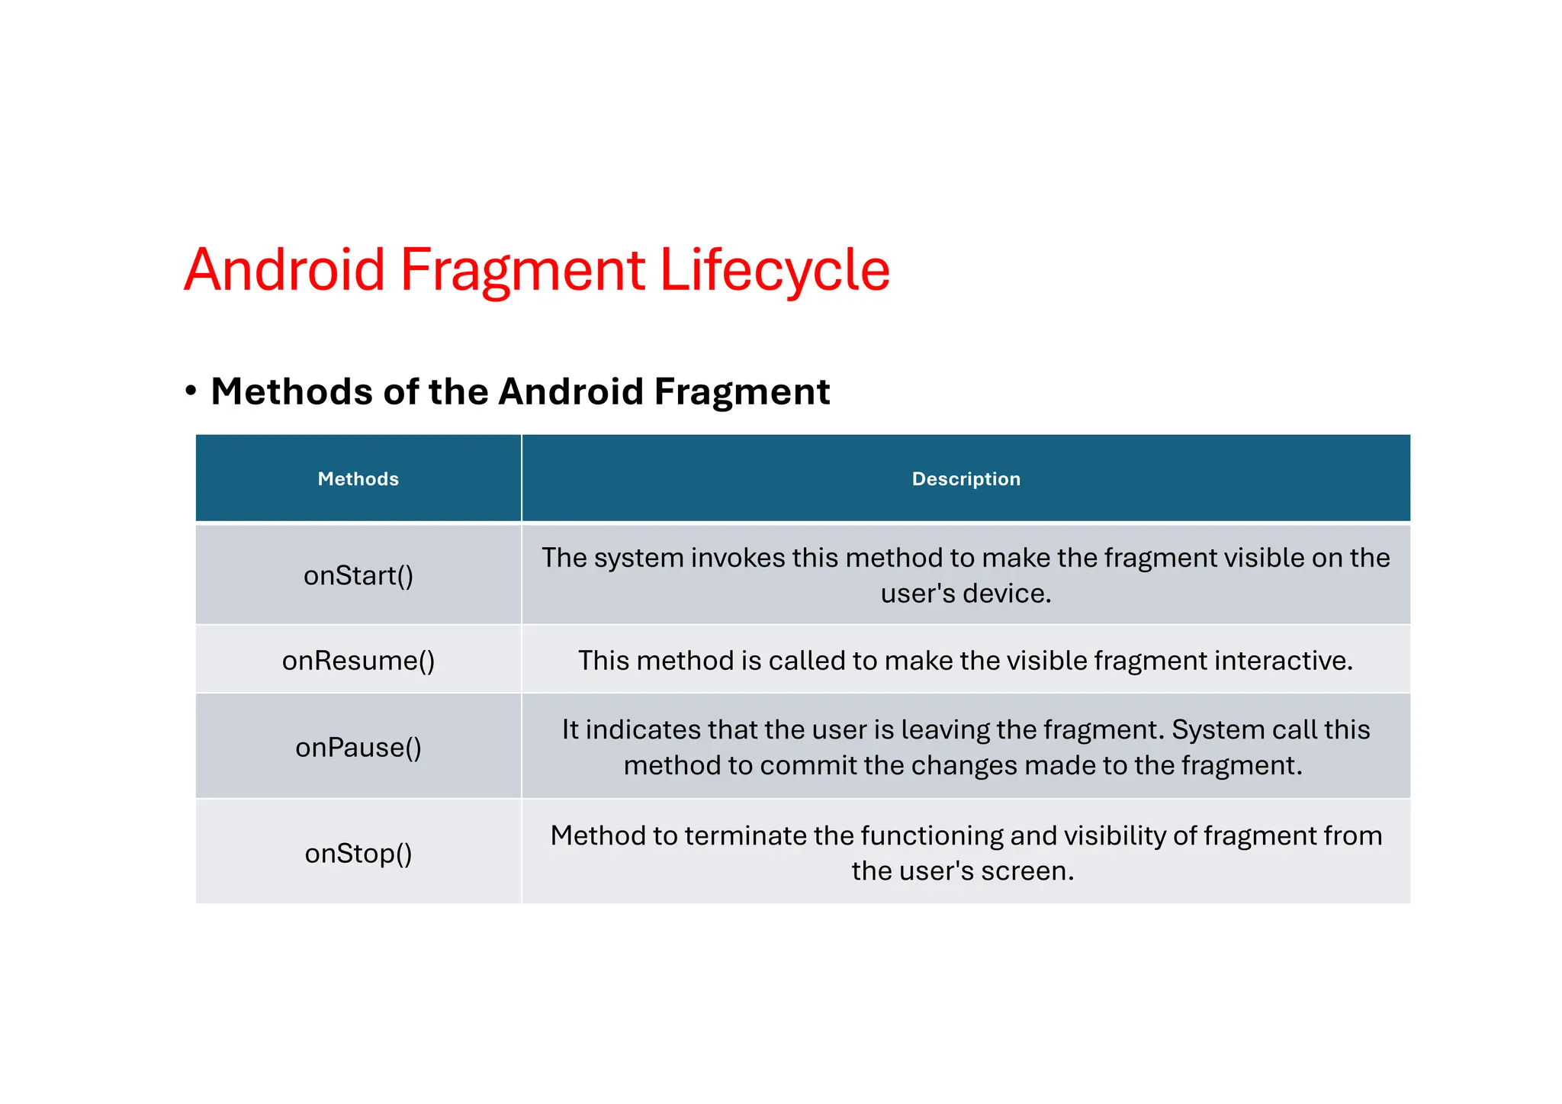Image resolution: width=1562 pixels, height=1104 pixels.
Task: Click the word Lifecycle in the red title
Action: tap(774, 270)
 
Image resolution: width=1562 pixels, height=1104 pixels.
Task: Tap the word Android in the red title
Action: tap(284, 270)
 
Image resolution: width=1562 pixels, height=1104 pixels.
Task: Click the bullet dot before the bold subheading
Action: tap(191, 391)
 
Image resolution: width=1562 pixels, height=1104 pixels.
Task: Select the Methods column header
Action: tap(358, 479)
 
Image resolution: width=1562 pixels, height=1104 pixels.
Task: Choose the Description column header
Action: tap(966, 479)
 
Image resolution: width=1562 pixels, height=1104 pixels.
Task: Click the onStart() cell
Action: tap(358, 575)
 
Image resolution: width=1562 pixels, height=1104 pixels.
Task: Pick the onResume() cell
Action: tap(358, 660)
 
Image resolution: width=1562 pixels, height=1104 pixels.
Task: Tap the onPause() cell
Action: tap(358, 747)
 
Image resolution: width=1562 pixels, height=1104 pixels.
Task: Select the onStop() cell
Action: tap(358, 853)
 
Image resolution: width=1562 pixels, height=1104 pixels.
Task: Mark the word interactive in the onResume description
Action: tap(1283, 660)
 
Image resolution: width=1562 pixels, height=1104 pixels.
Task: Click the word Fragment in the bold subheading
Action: tap(741, 391)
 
